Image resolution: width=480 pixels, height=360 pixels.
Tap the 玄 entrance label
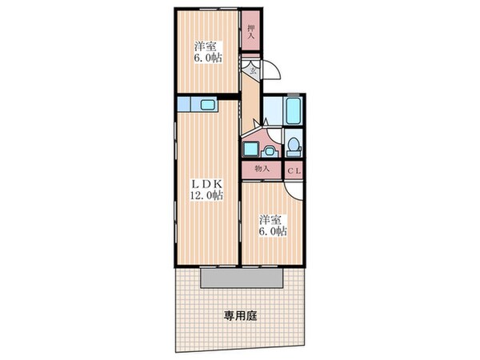pos(252,70)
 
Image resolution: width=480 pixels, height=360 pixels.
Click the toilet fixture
pos(294,146)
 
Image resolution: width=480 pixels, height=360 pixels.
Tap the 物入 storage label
pos(261,170)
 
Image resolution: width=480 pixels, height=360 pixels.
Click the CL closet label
pos(292,170)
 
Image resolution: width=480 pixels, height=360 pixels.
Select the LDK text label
pos(207,183)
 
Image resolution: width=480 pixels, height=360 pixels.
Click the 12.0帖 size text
pos(207,197)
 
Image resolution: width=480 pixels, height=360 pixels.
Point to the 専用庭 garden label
pos(240,316)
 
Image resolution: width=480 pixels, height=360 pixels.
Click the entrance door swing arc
pos(273,73)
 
